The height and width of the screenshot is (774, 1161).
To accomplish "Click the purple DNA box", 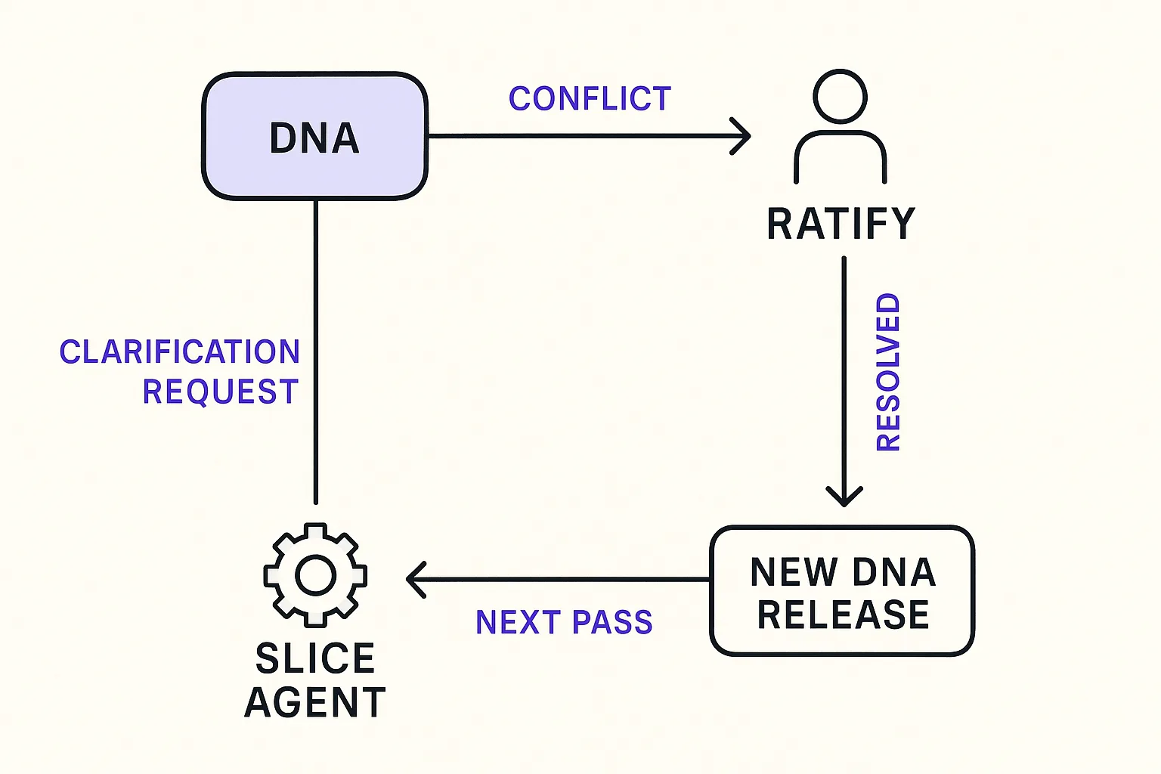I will tap(314, 137).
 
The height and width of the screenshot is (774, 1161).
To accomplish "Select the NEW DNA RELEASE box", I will tap(842, 591).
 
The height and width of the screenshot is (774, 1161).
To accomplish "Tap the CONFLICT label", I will tap(590, 99).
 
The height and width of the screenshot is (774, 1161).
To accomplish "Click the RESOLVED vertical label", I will tap(888, 372).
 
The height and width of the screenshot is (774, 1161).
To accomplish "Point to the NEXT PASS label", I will tap(564, 622).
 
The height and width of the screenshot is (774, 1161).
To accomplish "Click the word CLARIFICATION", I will tap(180, 352).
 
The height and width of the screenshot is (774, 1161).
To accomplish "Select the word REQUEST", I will tap(221, 392).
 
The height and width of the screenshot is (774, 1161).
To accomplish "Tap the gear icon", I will tap(315, 575).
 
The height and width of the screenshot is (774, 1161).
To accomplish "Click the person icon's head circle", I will tap(840, 96).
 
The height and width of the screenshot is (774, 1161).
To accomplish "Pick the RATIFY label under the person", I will tap(841, 224).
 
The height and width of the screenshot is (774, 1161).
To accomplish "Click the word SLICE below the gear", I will tap(315, 658).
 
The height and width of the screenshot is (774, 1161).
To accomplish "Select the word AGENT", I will tap(315, 702).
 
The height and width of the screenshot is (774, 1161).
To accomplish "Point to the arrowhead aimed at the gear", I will tap(415, 580).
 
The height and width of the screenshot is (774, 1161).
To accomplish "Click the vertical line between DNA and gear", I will tap(315, 348).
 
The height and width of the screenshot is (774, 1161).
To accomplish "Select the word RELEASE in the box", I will tap(843, 615).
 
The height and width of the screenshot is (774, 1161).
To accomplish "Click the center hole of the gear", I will tap(315, 576).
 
